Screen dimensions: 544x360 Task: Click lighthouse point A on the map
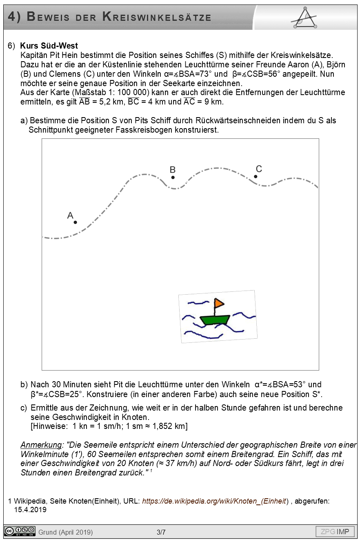(x=76, y=222)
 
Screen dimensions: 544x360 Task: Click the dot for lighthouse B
(x=173, y=177)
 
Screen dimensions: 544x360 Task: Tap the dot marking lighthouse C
(x=256, y=176)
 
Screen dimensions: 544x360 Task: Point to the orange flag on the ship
(x=219, y=303)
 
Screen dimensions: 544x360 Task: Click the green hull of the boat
(x=215, y=320)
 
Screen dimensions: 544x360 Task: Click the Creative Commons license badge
(x=20, y=531)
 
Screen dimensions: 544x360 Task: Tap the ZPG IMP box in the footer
(x=335, y=531)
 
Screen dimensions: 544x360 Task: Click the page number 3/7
(x=161, y=532)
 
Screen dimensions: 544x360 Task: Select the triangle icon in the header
(x=304, y=18)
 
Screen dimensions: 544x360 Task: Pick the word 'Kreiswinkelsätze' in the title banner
(x=157, y=17)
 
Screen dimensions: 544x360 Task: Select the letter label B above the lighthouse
(x=173, y=170)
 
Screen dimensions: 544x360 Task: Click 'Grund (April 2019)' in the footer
(x=66, y=532)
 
